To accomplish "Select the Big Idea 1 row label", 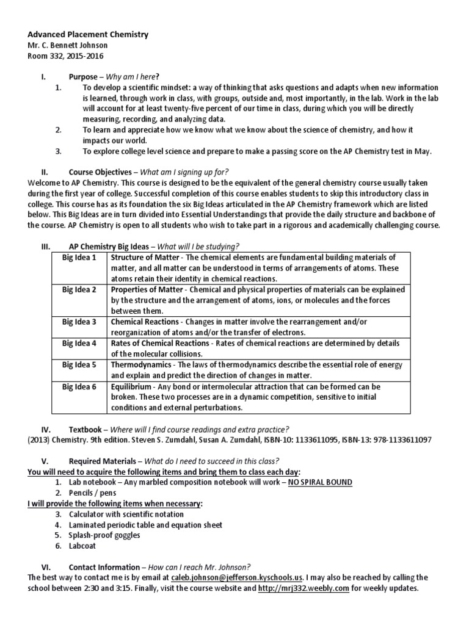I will coord(79,258).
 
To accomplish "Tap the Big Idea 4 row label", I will coord(79,343).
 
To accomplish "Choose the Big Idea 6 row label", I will coord(79,386).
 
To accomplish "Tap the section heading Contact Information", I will coord(104,566).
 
